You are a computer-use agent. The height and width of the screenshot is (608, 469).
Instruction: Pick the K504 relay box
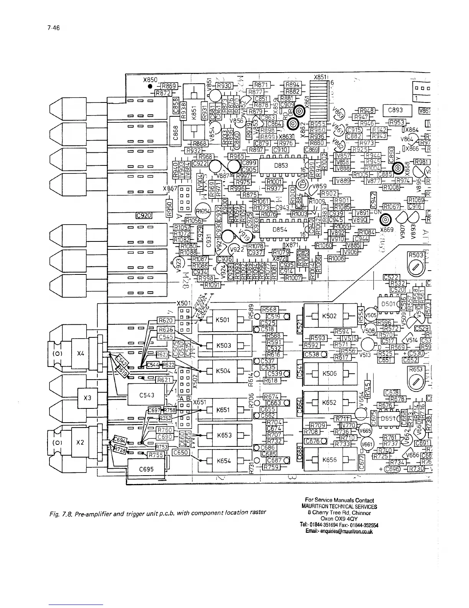[x=223, y=371]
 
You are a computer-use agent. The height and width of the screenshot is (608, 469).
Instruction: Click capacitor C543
[x=146, y=395]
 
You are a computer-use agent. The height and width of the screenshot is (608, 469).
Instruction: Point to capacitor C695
[x=146, y=469]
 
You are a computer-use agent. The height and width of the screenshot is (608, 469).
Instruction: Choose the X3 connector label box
[x=87, y=398]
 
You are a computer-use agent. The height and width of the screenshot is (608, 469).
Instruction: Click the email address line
[x=339, y=531]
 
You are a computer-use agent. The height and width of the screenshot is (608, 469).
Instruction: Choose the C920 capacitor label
[x=144, y=215]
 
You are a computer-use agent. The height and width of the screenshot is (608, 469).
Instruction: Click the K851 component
[x=194, y=113]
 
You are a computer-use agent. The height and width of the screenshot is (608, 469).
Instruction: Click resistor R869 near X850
[x=168, y=86]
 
